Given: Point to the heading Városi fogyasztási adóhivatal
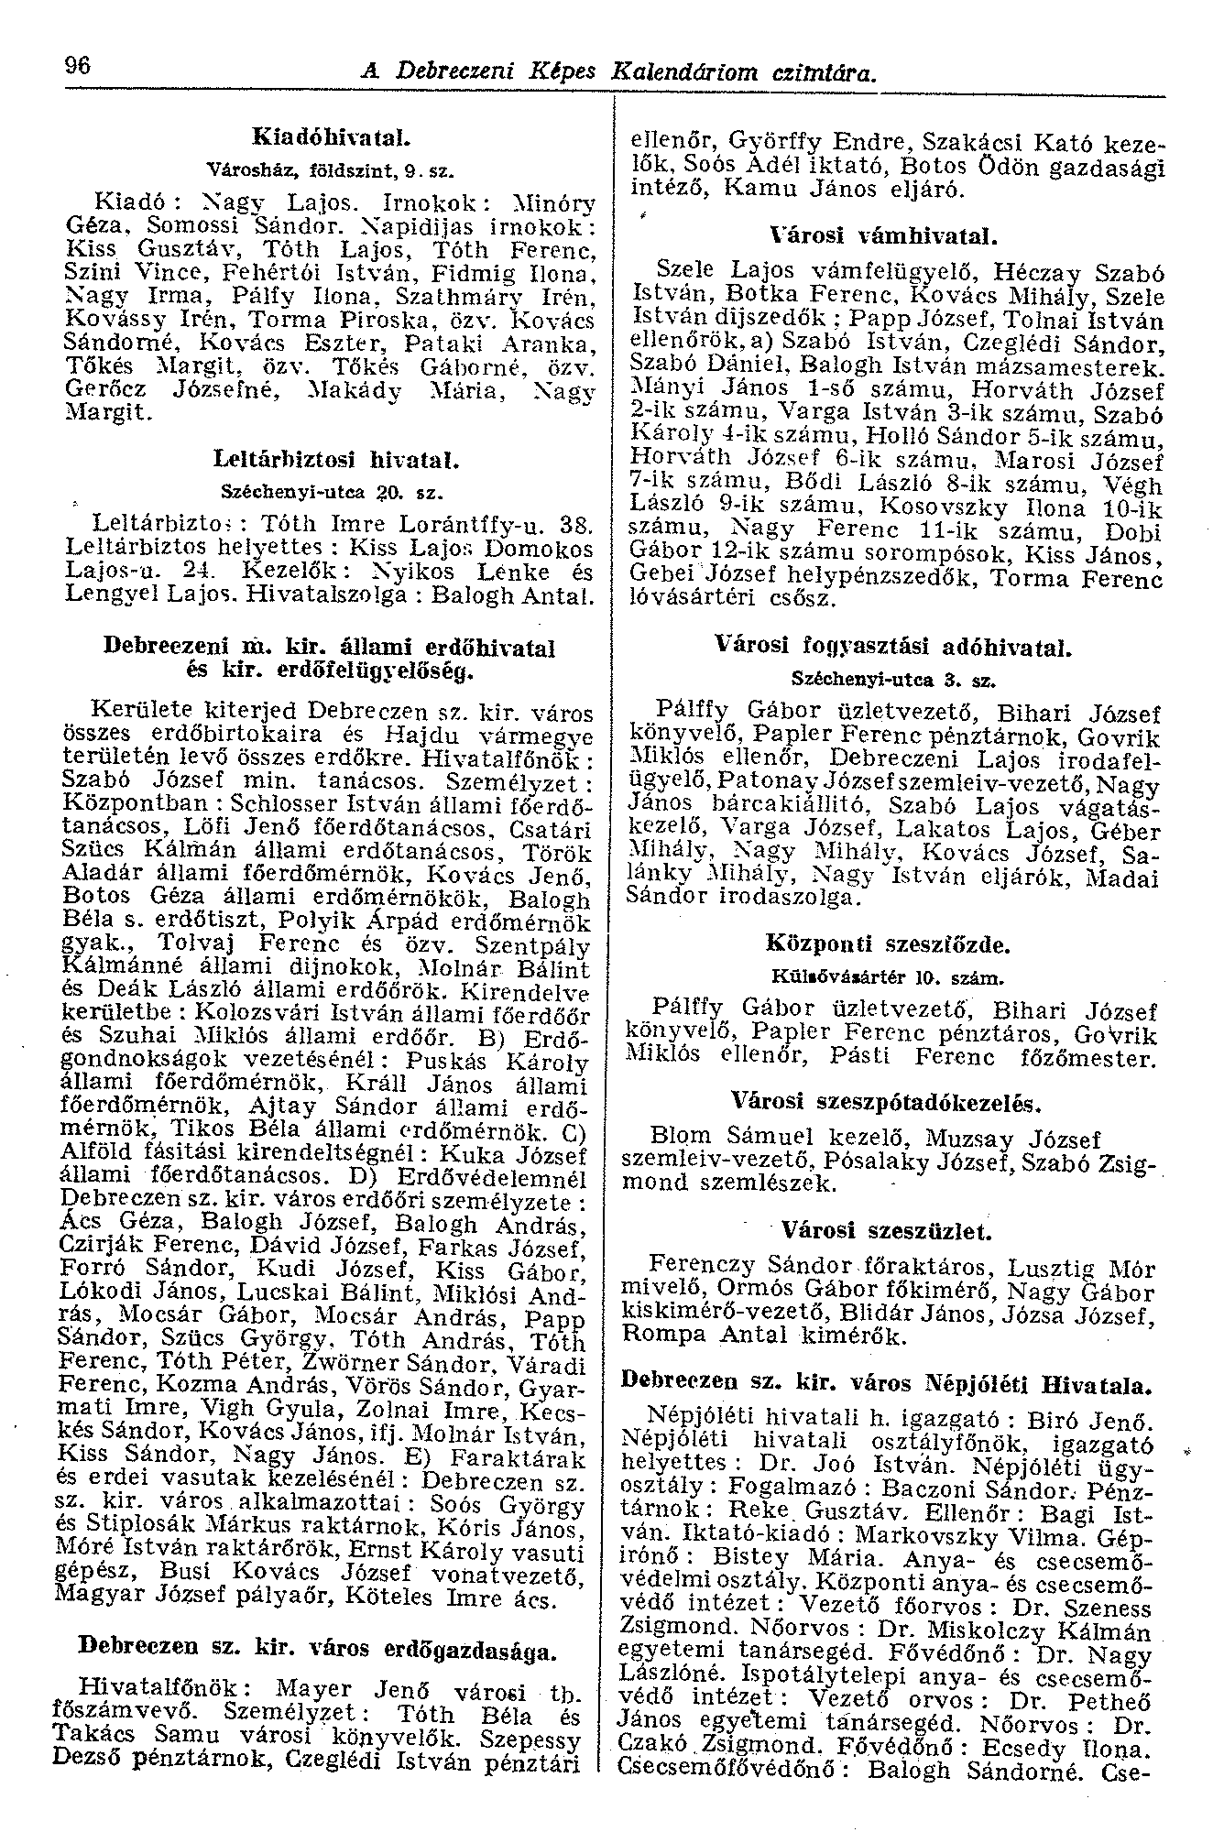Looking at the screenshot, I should click(892, 648).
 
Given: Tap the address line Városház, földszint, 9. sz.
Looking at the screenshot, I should click(329, 169).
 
